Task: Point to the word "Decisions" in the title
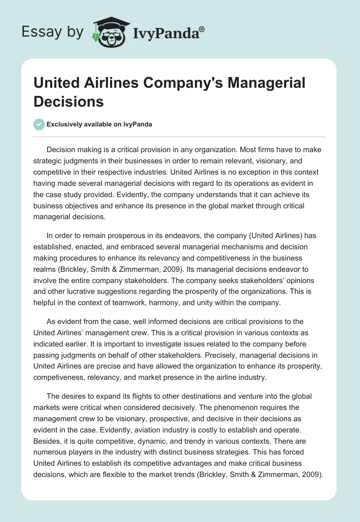pyautogui.click(x=69, y=101)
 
